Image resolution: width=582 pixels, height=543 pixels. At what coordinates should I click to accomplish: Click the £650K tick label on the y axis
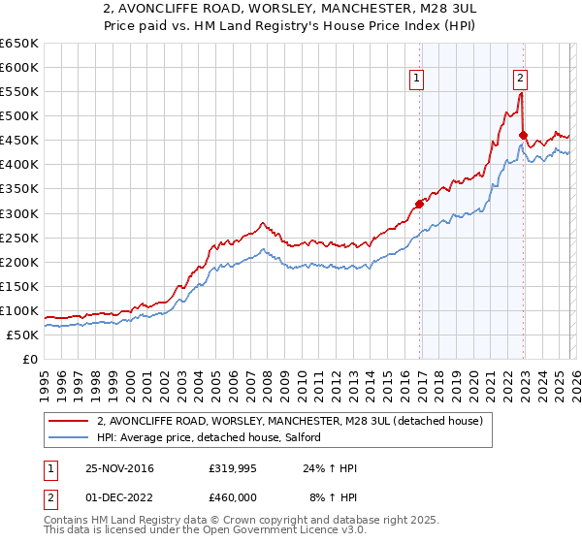pyautogui.click(x=19, y=44)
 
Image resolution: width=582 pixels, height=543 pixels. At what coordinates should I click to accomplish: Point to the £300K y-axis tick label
pyautogui.click(x=19, y=213)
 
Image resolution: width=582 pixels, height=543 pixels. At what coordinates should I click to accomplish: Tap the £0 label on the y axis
pyautogui.click(x=30, y=359)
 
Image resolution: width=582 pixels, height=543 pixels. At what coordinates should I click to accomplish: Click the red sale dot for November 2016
pyautogui.click(x=419, y=204)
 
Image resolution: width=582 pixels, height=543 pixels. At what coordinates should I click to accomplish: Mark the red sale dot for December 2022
pyautogui.click(x=523, y=136)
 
